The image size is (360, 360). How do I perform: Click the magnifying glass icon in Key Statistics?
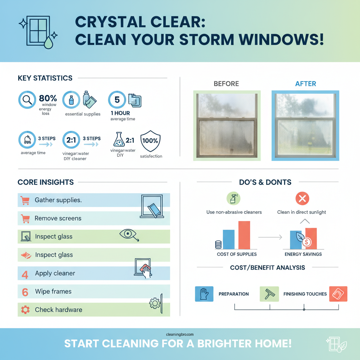pos(27,100)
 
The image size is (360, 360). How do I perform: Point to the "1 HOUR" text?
pos(120,113)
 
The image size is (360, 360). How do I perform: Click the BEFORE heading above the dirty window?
pos(226,84)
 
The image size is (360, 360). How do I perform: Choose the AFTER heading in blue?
pos(305,84)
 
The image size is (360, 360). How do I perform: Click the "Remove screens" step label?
pos(58,218)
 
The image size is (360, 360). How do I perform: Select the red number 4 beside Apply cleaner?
pos(25,274)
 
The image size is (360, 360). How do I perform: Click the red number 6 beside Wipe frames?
pos(25,292)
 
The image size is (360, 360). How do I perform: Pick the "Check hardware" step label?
pos(58,310)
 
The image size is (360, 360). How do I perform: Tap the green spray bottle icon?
pos(234,199)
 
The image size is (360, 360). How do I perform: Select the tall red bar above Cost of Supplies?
pos(244,235)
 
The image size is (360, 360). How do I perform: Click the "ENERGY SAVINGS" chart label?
pos(303,254)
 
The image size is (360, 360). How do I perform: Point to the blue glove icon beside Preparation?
pos(204,294)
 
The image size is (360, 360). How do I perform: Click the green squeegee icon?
pos(269,294)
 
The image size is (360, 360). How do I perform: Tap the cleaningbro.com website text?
pos(180,335)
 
